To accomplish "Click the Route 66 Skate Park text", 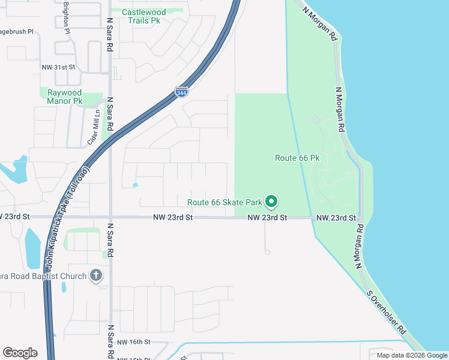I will [226, 203].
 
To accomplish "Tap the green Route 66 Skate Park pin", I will [271, 202].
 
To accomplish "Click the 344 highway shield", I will [181, 92].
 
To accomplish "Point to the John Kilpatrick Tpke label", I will [68, 215].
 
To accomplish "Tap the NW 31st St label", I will [58, 68].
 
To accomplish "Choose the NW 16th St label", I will [133, 341].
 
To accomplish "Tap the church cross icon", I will [95, 275].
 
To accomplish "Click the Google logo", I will [20, 353].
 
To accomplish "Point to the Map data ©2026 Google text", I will [411, 355].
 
